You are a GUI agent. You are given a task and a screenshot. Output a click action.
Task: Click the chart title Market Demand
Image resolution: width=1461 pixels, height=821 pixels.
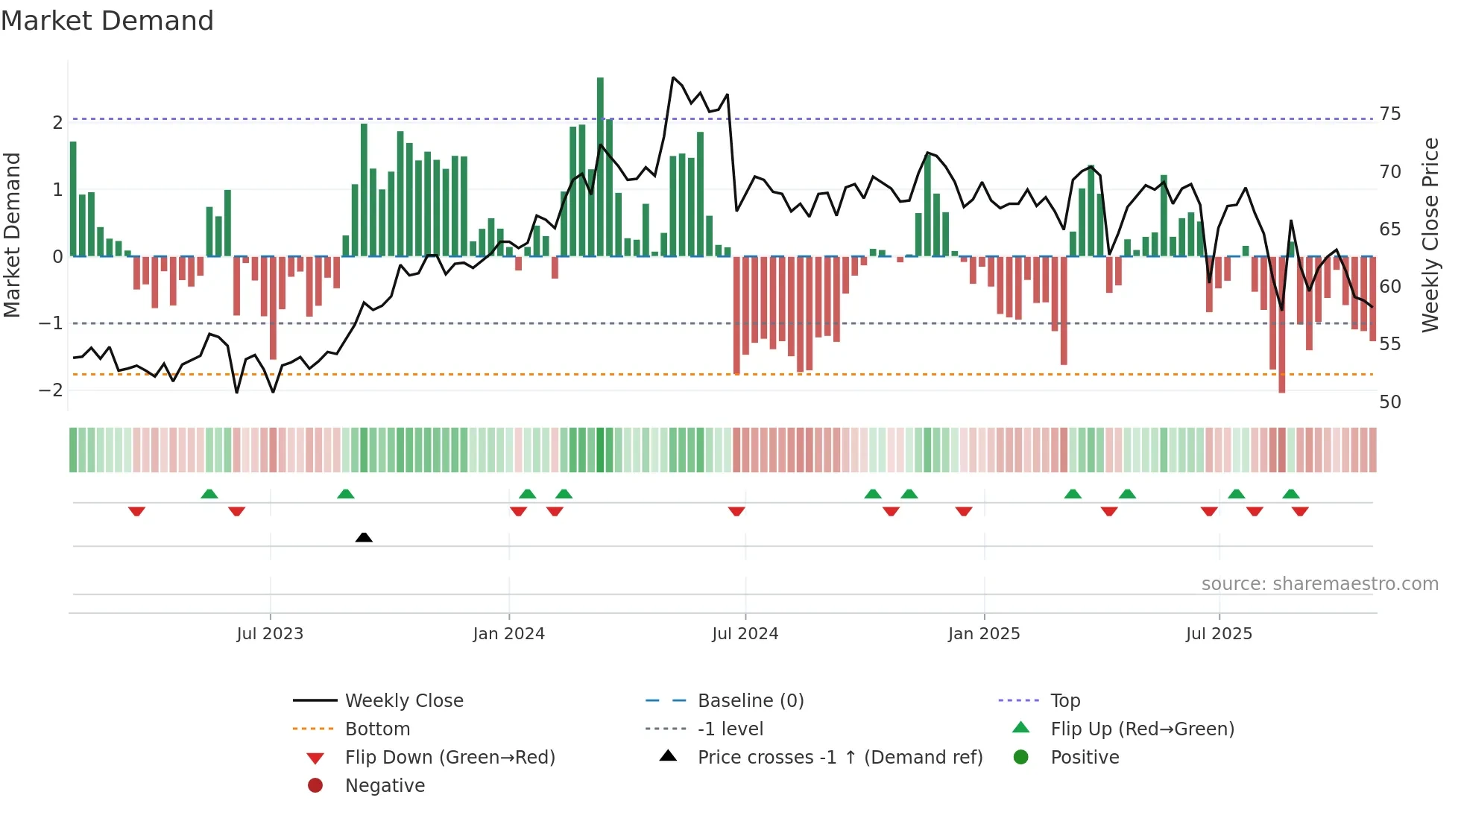click(x=107, y=21)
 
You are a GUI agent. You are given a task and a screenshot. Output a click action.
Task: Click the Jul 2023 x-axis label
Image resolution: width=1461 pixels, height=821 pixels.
click(x=270, y=634)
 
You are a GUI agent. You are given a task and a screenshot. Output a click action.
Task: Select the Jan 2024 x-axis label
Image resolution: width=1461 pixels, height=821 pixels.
click(x=508, y=634)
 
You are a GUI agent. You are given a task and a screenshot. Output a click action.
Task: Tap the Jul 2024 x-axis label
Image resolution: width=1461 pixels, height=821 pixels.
click(x=745, y=634)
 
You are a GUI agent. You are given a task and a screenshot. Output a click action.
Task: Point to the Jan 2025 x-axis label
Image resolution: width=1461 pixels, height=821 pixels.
click(x=983, y=634)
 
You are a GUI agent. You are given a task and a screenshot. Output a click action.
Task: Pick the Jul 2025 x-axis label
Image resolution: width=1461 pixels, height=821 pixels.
click(x=1219, y=634)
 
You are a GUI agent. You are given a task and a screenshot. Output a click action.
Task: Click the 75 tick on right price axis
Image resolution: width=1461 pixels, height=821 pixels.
click(x=1389, y=114)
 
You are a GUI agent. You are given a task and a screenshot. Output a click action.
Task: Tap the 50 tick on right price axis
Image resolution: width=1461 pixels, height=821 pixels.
click(x=1389, y=402)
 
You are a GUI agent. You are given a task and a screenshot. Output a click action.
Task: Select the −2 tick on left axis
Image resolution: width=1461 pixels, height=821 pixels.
click(x=51, y=390)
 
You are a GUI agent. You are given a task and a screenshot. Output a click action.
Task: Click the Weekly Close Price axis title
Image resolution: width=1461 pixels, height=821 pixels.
click(x=1430, y=235)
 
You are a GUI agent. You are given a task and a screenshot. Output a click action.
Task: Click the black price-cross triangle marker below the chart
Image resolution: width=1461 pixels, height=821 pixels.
click(x=364, y=537)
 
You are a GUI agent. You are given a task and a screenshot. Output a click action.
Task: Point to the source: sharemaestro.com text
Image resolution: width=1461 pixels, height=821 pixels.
click(x=1319, y=584)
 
